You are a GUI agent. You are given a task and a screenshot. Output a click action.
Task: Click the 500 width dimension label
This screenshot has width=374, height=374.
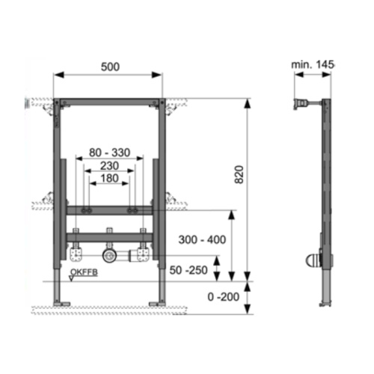(x=109, y=66)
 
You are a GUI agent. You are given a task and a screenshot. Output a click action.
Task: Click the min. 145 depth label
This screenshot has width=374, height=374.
(x=313, y=66)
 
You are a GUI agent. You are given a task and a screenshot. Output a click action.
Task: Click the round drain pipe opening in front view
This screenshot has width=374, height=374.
(x=110, y=256)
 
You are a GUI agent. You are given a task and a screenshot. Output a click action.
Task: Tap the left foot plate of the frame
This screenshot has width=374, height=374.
(x=61, y=304)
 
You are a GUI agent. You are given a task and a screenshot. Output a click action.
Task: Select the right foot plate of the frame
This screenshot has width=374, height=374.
(x=158, y=304)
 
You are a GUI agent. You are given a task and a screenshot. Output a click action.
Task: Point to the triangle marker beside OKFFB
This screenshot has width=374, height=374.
(x=70, y=278)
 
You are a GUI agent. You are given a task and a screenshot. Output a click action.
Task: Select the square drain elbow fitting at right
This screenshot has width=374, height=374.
(x=141, y=256)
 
